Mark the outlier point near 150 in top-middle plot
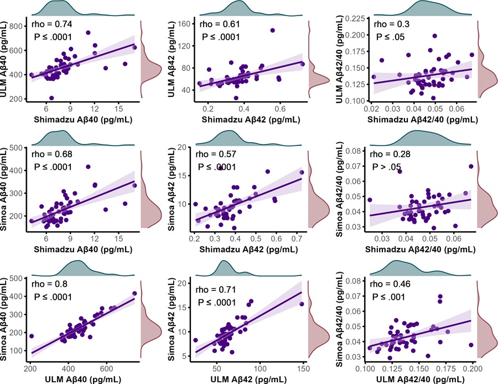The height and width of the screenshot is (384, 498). click(x=272, y=30)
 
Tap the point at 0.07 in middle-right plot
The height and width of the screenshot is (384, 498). click(x=471, y=166)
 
